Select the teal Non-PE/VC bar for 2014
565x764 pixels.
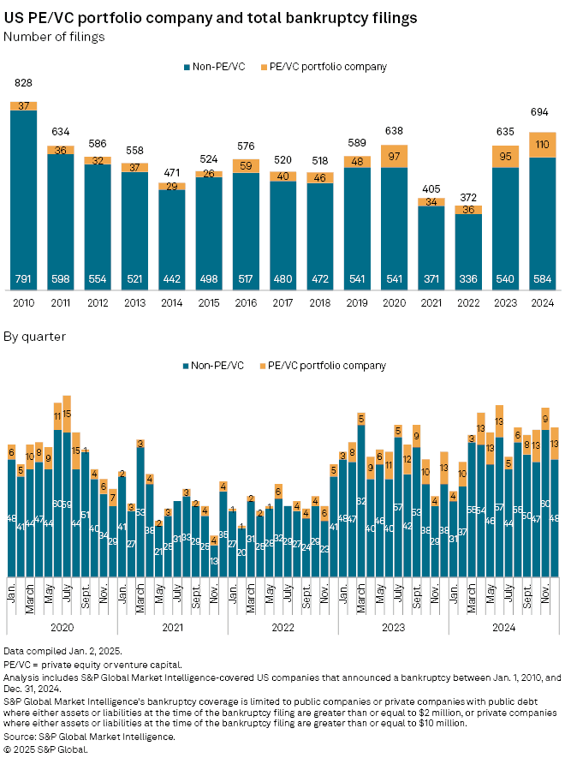(171, 240)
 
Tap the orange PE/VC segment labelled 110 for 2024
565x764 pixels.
(544, 145)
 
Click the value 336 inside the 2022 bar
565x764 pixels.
(468, 278)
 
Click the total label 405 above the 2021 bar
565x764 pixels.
(431, 187)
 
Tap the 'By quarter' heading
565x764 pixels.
(35, 337)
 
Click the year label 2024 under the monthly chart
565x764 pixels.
(503, 627)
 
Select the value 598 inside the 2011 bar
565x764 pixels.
(60, 278)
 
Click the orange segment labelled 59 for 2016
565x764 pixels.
(246, 167)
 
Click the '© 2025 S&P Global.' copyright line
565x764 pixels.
(46, 749)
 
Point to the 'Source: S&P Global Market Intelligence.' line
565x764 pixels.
(90, 737)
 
